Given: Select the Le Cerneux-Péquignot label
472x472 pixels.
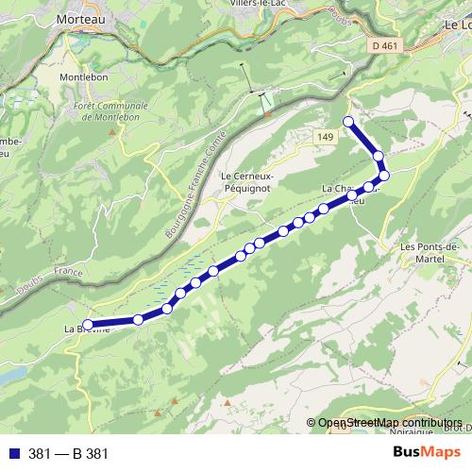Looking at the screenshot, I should (251, 178).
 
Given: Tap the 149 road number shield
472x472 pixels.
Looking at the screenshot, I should (325, 138).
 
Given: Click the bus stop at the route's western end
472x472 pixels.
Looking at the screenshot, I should (88, 326).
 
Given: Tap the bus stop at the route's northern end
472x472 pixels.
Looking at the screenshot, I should (348, 121).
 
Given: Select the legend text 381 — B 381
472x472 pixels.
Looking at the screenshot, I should (69, 453).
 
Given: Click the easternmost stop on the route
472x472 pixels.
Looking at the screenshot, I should (384, 175).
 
